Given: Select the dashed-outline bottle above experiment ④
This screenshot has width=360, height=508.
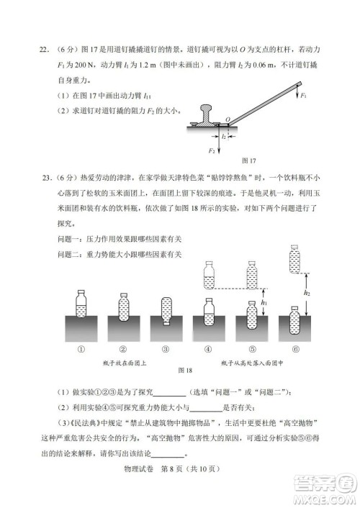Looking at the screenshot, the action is [209, 274].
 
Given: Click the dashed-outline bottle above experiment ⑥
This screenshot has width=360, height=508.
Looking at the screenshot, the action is [295, 259].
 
